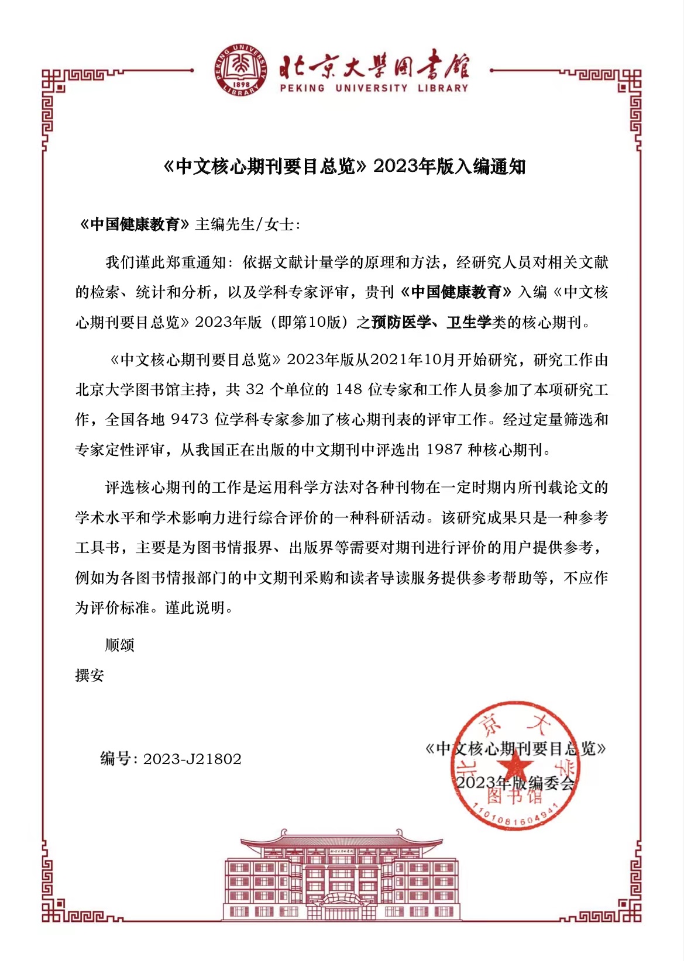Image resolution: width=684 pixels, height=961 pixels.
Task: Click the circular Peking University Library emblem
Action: pos(241,70)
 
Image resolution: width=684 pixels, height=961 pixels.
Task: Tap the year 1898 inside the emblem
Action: pos(241,84)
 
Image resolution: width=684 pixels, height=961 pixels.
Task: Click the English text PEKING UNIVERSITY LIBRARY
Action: pos(374,88)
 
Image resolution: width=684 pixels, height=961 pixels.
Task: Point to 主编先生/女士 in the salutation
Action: pos(247,224)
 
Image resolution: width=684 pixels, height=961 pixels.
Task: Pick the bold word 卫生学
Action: pos(468,322)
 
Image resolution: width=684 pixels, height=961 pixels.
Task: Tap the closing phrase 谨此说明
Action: pos(195,608)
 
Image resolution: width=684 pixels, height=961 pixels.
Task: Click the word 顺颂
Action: pos(120,645)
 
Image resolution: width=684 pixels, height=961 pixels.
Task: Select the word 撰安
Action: pos(90,675)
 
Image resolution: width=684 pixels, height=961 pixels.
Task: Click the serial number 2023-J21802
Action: pos(192,759)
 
